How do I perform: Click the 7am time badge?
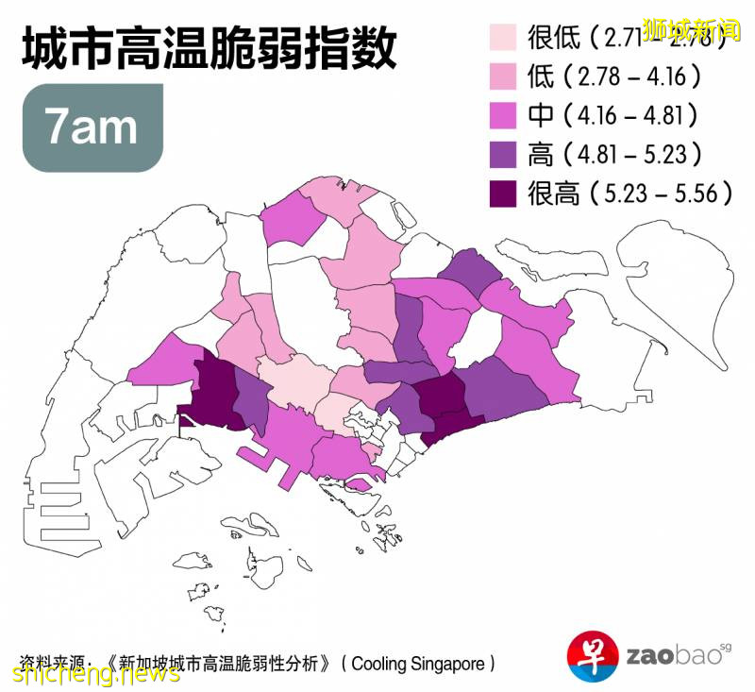(92, 128)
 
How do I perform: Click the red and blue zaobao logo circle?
(592, 654)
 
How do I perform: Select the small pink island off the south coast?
(359, 484)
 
